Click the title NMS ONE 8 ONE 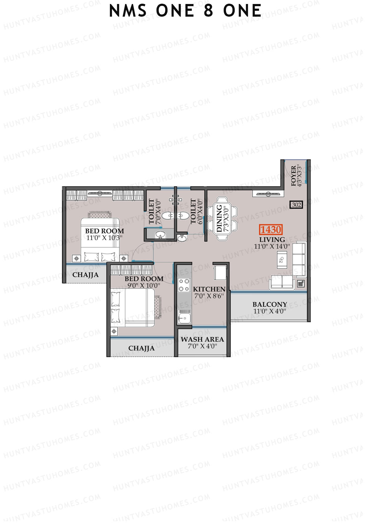[x=185, y=11]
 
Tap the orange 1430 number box [x=271, y=230]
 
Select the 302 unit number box [x=296, y=205]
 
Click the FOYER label [x=296, y=176]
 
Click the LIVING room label [x=272, y=239]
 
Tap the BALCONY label [x=269, y=304]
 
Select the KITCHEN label [x=209, y=289]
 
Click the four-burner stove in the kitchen [x=184, y=285]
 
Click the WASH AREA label [x=202, y=339]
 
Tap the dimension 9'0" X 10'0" [x=144, y=286]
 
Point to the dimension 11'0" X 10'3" [x=105, y=238]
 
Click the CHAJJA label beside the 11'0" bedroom [x=85, y=275]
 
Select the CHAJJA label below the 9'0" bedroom [x=142, y=348]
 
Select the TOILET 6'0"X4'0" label [x=196, y=211]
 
